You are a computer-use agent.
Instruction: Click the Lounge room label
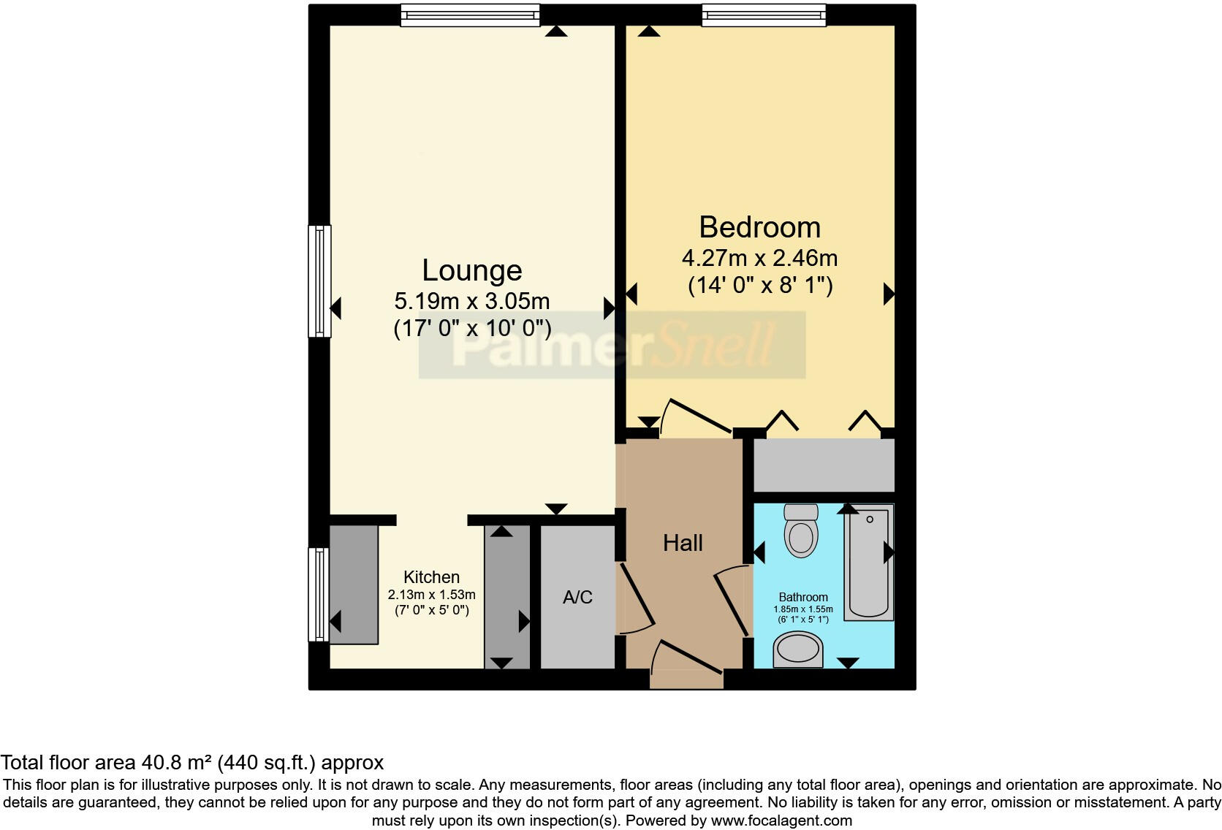(471, 270)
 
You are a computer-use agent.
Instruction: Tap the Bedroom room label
(759, 227)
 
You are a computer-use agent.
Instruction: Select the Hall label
(683, 543)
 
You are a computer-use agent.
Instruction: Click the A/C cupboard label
(577, 597)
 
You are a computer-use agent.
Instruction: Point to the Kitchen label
(431, 577)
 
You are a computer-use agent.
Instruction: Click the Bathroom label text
(803, 597)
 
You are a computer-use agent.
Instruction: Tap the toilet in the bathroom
(801, 531)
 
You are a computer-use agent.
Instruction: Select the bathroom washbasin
(798, 649)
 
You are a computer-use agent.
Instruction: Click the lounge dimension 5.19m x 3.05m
(471, 301)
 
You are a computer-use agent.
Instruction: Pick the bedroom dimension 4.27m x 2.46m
(759, 258)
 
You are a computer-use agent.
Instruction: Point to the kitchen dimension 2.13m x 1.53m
(431, 595)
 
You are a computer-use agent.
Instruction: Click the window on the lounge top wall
(470, 15)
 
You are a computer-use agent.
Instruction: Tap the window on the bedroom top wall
(764, 15)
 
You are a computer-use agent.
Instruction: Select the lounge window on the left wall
(319, 281)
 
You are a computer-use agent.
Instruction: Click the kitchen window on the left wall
(319, 595)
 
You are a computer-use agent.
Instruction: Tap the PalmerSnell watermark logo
(612, 345)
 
